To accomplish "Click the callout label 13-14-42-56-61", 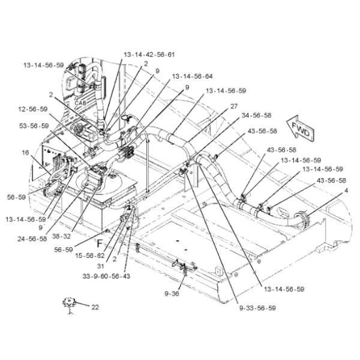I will [x=149, y=55].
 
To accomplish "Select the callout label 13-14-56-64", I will [x=192, y=76].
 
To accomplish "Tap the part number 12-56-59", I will [x=33, y=109].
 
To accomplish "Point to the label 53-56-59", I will [x=33, y=126].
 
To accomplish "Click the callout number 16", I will [x=25, y=152].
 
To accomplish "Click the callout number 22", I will [x=95, y=307].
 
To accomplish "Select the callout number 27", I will [x=233, y=106].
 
